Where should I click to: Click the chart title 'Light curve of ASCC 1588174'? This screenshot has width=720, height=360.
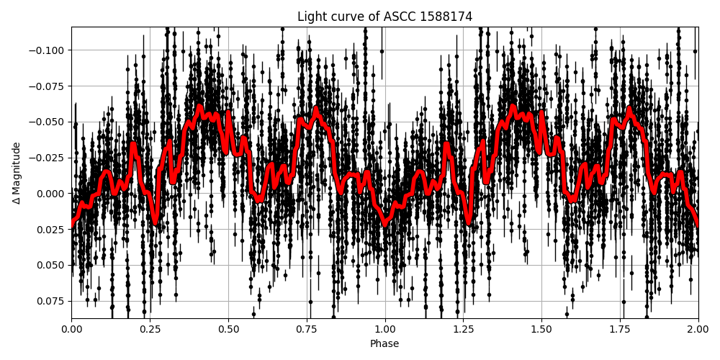tap(384, 17)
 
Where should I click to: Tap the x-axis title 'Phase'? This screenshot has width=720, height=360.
tap(384, 344)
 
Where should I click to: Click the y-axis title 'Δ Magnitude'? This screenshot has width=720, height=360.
tap(17, 173)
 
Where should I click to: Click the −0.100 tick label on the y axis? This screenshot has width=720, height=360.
tap(48, 50)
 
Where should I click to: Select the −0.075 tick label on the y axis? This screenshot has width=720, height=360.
tap(48, 86)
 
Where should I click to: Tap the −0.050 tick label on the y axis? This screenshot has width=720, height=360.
tap(48, 122)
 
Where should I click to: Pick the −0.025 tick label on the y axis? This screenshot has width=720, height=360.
tap(48, 157)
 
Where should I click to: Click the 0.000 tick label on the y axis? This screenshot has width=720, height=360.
tap(51, 193)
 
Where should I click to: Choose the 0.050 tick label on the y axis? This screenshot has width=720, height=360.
tap(51, 265)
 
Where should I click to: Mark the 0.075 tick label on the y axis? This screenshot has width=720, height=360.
tap(51, 301)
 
